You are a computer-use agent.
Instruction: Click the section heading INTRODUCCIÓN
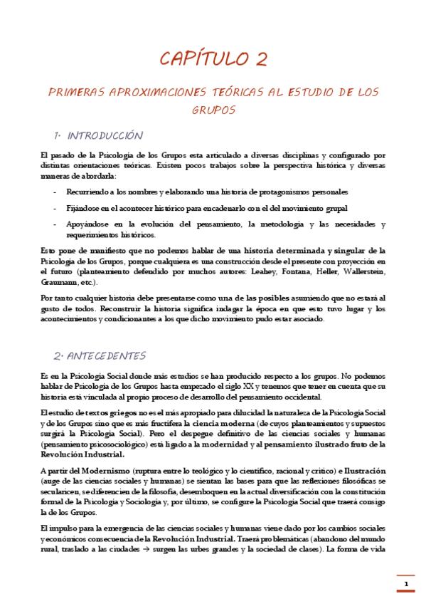tap(105, 136)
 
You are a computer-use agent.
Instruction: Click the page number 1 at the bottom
tap(406, 585)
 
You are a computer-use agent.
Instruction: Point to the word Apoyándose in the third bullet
tap(88, 224)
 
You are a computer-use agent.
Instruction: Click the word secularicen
tap(60, 492)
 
